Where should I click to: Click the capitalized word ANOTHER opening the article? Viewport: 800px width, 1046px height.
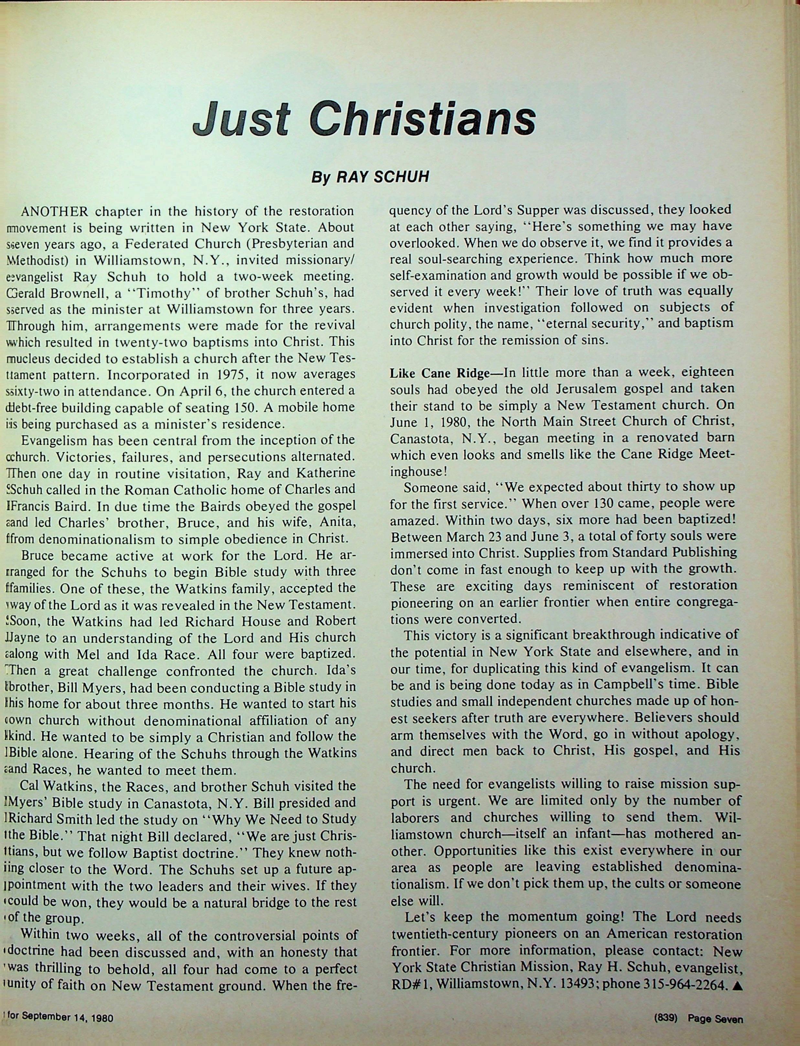[x=55, y=211]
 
